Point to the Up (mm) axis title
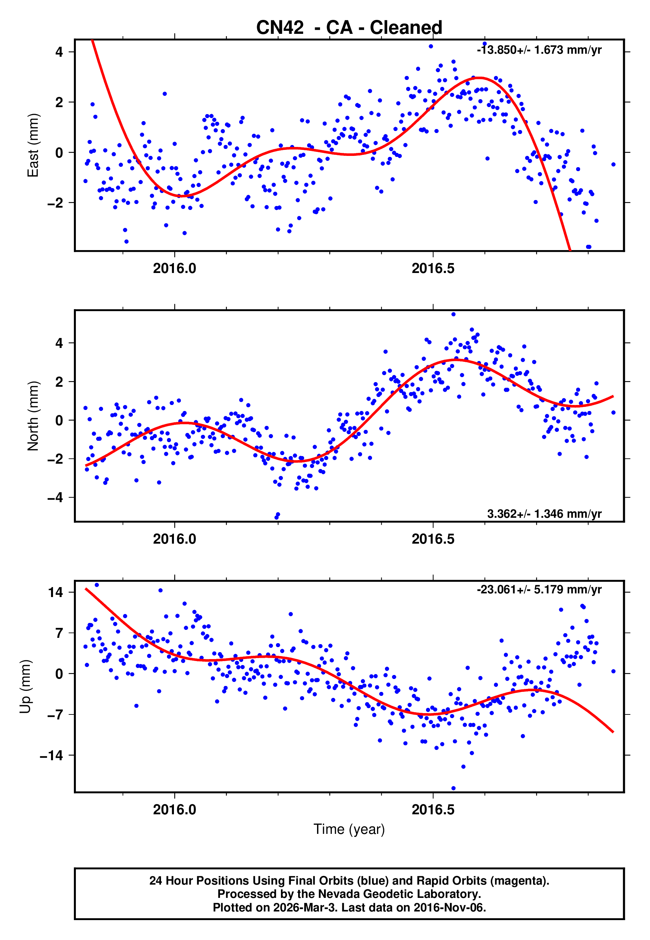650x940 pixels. click(25, 687)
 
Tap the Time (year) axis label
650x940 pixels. click(349, 829)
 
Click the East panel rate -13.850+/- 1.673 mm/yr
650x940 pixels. click(539, 50)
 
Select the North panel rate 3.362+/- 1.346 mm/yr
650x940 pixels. click(544, 513)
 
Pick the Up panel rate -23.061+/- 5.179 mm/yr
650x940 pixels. click(539, 589)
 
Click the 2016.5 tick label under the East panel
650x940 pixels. click(433, 269)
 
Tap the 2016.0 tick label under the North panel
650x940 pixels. click(174, 539)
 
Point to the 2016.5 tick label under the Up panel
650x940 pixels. click(433, 810)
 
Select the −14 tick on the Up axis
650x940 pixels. click(51, 755)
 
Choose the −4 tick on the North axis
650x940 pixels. click(55, 497)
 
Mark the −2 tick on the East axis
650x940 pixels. click(55, 203)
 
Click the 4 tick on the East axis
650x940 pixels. click(59, 52)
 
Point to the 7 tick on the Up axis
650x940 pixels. click(59, 633)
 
